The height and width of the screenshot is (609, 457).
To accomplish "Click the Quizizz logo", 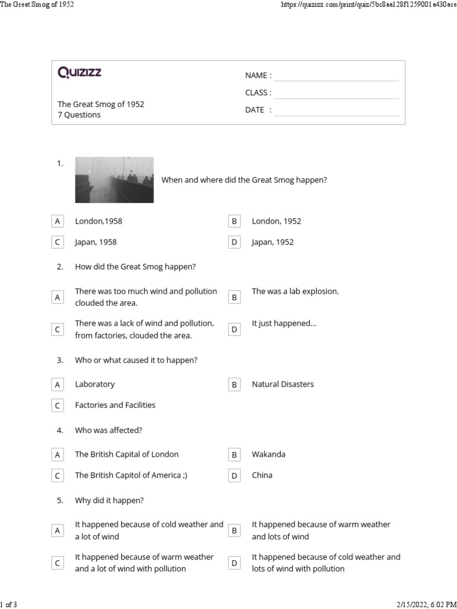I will (x=79, y=73).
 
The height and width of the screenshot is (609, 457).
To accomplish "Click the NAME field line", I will (x=336, y=76).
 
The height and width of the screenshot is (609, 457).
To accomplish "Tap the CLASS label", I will (x=258, y=93).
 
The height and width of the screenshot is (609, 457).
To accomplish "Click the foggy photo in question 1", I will (x=114, y=180).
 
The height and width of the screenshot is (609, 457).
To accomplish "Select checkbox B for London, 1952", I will (x=234, y=221).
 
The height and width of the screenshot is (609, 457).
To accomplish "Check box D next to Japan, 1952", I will (x=234, y=243).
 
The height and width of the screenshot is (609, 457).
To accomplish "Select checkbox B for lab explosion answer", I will (x=234, y=297).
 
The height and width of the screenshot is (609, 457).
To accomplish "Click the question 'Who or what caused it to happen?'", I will (x=136, y=360).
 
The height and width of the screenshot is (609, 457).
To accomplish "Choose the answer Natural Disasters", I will (x=283, y=384).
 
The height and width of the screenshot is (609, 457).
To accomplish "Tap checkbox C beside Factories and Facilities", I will (x=58, y=406).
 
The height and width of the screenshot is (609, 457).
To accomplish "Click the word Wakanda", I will (x=268, y=454).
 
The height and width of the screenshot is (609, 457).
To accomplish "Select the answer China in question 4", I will (x=262, y=475).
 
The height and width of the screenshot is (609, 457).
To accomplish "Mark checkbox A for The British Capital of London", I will (x=58, y=454).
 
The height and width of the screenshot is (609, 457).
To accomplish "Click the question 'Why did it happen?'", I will (x=109, y=501).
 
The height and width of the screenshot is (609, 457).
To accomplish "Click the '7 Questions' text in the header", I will (x=79, y=115).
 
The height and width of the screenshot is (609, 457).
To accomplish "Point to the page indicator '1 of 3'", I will (x=9, y=604).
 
